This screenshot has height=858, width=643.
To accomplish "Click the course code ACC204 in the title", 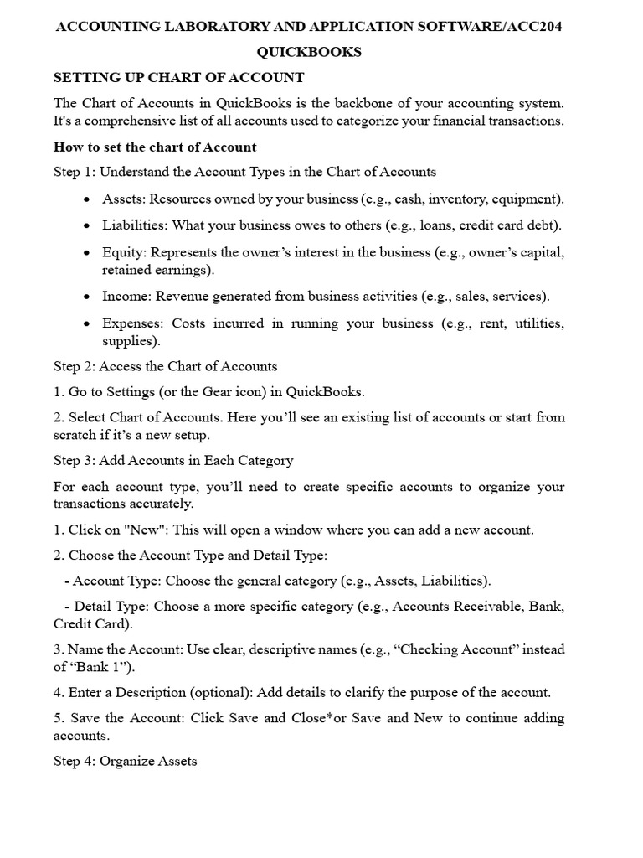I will pyautogui.click(x=534, y=27).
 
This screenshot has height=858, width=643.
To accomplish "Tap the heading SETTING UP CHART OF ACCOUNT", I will pyautogui.click(x=179, y=77).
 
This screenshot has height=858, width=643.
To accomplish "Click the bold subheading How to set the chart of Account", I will pyautogui.click(x=155, y=147).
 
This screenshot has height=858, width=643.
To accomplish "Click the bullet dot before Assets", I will pyautogui.click(x=87, y=199).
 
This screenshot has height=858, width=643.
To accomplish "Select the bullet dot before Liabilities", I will pyautogui.click(x=87, y=226).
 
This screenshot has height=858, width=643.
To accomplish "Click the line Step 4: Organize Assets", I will pyautogui.click(x=126, y=762).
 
